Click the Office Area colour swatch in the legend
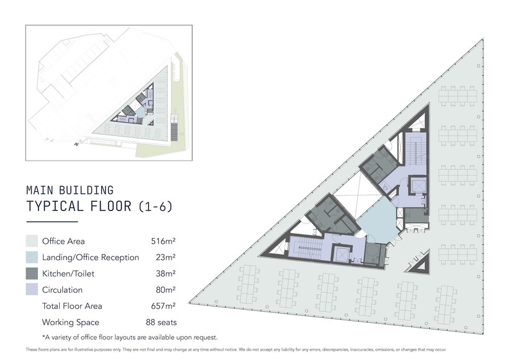click(x=32, y=241)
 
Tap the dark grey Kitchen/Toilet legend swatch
click(x=32, y=274)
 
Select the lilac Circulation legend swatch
click(x=32, y=289)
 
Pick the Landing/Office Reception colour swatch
click(x=32, y=258)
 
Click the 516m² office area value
click(x=163, y=241)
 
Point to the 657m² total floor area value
click(x=163, y=306)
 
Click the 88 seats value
click(x=162, y=322)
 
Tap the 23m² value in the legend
click(x=166, y=258)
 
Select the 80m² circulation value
click(x=166, y=289)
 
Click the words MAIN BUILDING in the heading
click(x=70, y=191)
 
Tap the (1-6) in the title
click(x=155, y=206)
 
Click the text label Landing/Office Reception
click(x=91, y=258)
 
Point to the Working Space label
click(x=71, y=322)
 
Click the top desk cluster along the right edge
click(x=458, y=96)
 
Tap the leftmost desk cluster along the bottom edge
click(x=249, y=283)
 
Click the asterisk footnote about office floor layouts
click(x=130, y=337)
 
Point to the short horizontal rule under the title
click(x=52, y=222)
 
